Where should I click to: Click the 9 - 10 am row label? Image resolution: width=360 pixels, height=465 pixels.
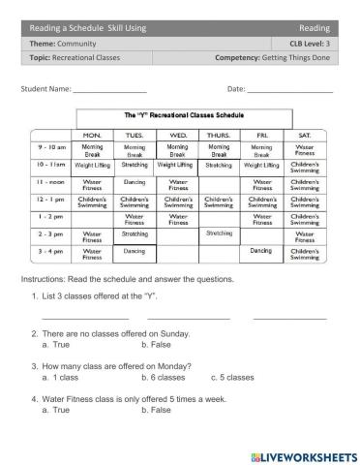[51, 149]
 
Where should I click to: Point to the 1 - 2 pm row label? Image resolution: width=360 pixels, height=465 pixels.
[51, 217]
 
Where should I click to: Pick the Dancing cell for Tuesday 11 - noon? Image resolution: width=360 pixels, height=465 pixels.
[135, 180]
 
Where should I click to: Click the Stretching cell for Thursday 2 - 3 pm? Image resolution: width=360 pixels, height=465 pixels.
[219, 233]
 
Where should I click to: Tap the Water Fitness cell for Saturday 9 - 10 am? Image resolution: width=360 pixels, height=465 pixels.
[305, 149]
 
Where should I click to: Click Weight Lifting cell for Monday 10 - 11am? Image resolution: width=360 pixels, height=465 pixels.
[92, 166]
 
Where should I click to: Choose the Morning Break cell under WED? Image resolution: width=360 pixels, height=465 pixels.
[178, 149]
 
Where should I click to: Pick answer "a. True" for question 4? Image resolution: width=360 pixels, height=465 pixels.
[56, 410]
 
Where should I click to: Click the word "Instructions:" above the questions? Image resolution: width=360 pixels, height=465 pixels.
[42, 278]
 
